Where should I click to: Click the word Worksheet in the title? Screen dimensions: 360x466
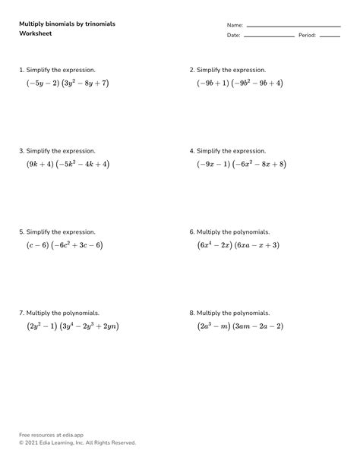point(36,33)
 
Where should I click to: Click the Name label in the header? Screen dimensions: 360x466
point(235,25)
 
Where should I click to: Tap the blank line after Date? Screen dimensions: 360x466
point(269,36)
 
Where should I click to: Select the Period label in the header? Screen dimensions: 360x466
point(307,36)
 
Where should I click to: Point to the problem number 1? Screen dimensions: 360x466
point(21,70)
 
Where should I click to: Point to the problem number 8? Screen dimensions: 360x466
point(191,313)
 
